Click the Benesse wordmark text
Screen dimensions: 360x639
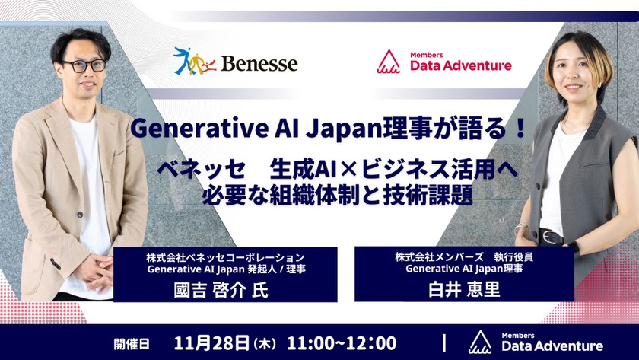[x=259, y=62]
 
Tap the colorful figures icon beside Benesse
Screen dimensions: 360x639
[x=194, y=61]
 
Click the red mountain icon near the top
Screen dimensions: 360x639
[x=389, y=61]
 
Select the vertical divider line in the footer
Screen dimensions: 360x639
[x=445, y=342]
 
